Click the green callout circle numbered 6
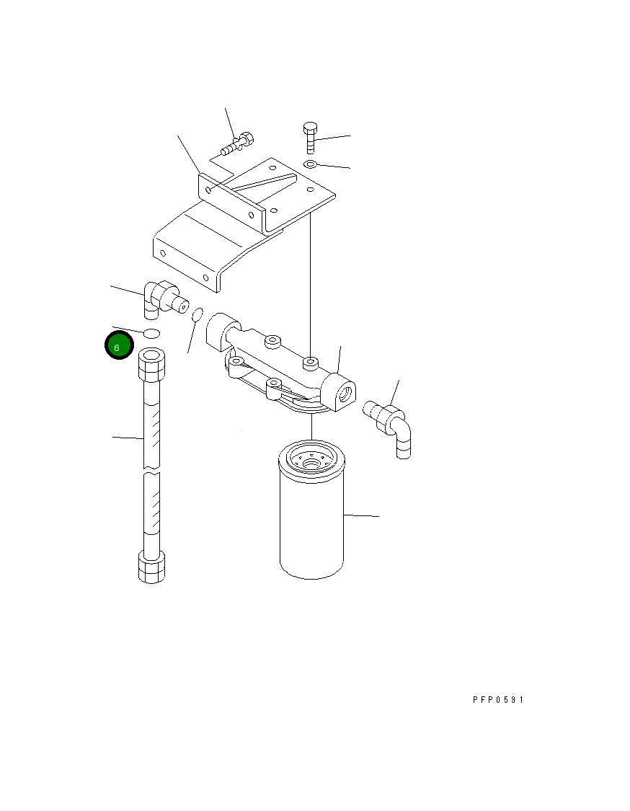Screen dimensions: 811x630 118,346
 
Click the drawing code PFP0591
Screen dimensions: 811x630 498,699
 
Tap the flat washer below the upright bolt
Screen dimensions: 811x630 310,165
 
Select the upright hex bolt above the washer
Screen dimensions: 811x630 310,136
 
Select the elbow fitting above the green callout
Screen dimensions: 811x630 161,297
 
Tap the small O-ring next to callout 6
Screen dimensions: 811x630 151,333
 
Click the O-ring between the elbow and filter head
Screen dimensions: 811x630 198,315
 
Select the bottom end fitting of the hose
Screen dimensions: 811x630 151,567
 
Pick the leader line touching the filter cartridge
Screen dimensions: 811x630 360,516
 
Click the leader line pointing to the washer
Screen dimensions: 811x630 333,167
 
